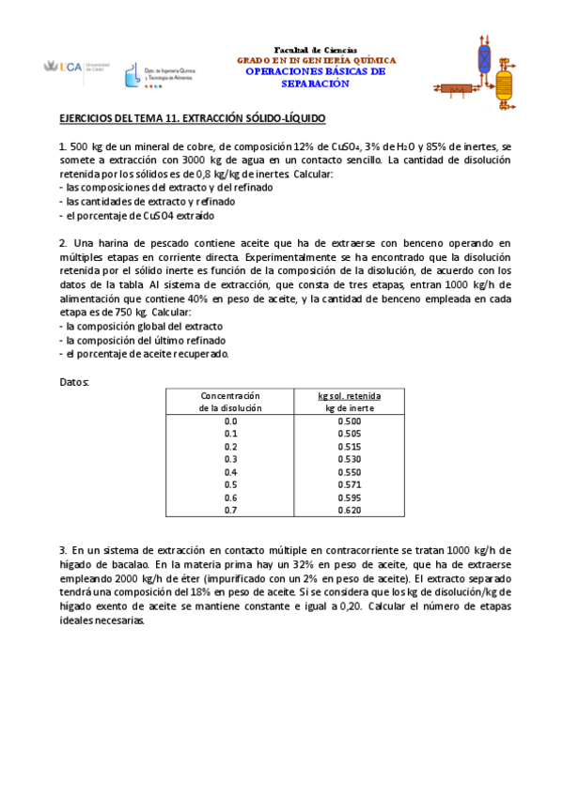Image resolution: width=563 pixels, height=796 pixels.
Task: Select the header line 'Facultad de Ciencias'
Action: [x=315, y=49]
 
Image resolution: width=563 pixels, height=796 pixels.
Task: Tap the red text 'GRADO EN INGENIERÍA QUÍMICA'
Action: [x=316, y=59]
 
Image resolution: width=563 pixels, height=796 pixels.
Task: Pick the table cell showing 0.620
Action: [x=349, y=510]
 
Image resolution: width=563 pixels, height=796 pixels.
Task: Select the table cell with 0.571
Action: [x=349, y=484]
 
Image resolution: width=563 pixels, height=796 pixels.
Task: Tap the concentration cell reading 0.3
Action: [x=230, y=459]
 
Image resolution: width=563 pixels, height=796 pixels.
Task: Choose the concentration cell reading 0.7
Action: [x=230, y=510]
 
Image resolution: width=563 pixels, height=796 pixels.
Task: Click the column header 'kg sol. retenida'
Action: [x=349, y=396]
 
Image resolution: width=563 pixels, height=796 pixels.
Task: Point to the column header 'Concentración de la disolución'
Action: [x=230, y=402]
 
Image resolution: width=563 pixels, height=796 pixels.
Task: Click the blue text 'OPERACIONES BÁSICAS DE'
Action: [x=316, y=71]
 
